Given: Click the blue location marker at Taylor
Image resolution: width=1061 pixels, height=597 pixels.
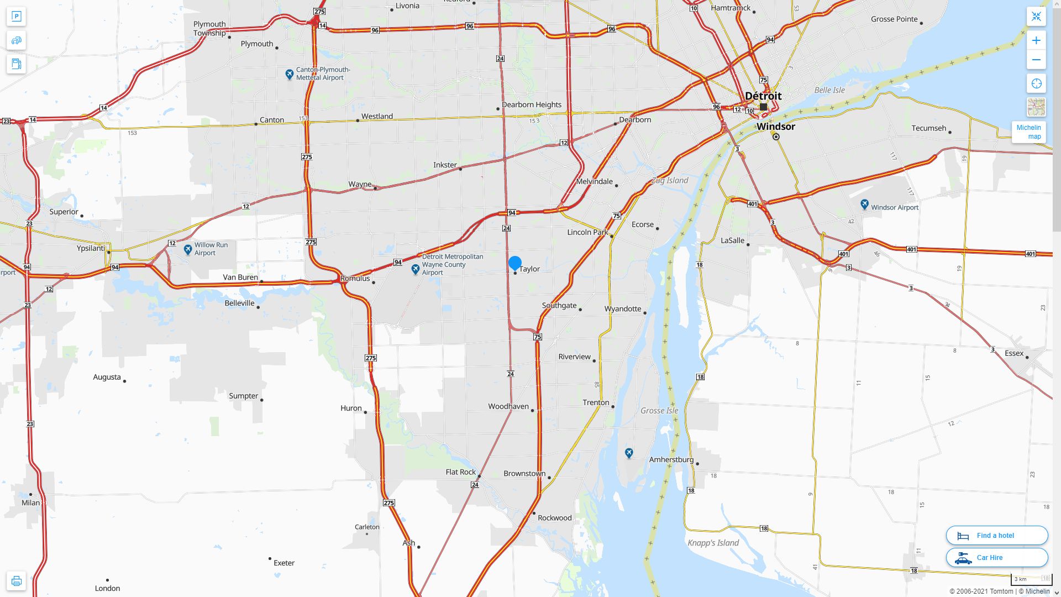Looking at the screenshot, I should (514, 263).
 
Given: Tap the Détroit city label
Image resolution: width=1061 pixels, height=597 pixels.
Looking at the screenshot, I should (763, 96).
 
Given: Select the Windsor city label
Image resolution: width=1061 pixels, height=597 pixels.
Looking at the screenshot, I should (776, 127).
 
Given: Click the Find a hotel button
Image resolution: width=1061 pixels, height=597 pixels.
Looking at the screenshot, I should (996, 535).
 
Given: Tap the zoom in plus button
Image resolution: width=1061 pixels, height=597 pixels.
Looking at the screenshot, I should (1036, 40).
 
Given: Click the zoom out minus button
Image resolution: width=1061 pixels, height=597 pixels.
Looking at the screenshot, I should (1036, 60).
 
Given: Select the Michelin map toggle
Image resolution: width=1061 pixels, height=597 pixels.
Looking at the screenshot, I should (1028, 132).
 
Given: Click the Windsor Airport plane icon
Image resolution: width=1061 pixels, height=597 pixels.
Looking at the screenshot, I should (864, 205).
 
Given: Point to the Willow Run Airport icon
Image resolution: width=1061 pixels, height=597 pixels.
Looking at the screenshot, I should (188, 249).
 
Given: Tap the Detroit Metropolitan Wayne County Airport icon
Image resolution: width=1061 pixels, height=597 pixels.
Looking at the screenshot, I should (416, 269).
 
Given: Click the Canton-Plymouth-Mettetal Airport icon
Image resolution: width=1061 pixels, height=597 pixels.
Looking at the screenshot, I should (289, 74).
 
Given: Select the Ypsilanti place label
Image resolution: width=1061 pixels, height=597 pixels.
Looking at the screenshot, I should (91, 248).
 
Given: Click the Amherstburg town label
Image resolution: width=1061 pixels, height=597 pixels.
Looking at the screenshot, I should (671, 460).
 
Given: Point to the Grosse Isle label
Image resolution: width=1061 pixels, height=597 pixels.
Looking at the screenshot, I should (659, 411).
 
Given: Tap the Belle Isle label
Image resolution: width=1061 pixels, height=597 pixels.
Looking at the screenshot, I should (829, 90).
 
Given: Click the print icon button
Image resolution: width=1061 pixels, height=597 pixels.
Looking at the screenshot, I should (16, 581).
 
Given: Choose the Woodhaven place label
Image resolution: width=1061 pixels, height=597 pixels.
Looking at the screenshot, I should (508, 406).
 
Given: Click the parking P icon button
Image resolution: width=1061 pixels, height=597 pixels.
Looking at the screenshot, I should (16, 17).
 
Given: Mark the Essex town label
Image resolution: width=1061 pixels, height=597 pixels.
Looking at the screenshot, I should (1013, 353).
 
